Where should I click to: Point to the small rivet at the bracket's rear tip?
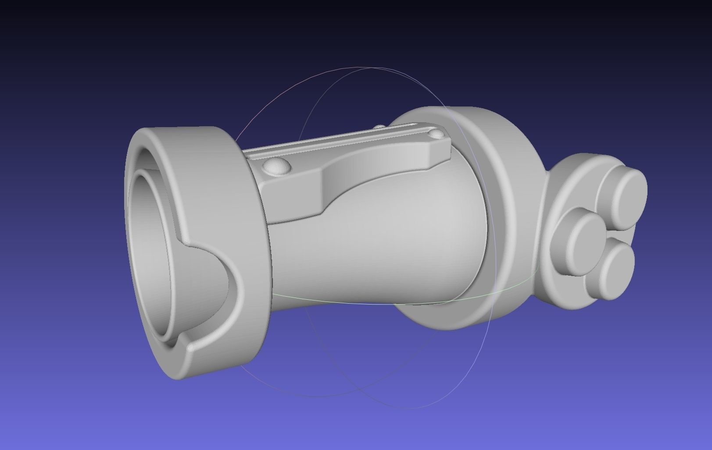point(437,133)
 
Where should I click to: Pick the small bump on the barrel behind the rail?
point(379,127)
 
